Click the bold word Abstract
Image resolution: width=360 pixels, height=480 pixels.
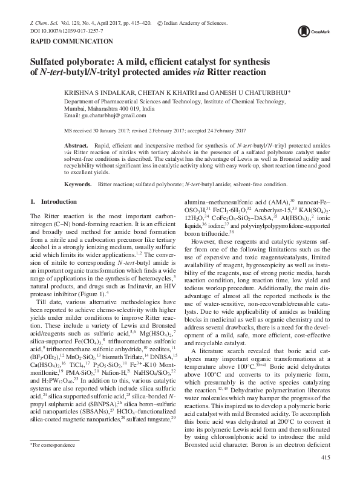coord(76,147)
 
